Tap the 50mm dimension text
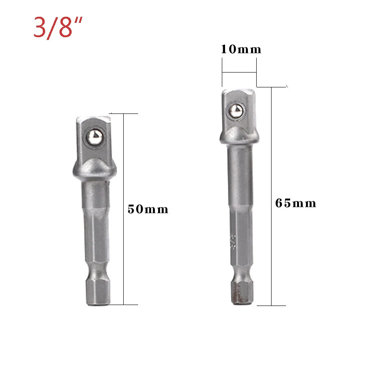[x=148, y=209]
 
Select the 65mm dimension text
[x=295, y=203]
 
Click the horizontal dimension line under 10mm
[x=239, y=73]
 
